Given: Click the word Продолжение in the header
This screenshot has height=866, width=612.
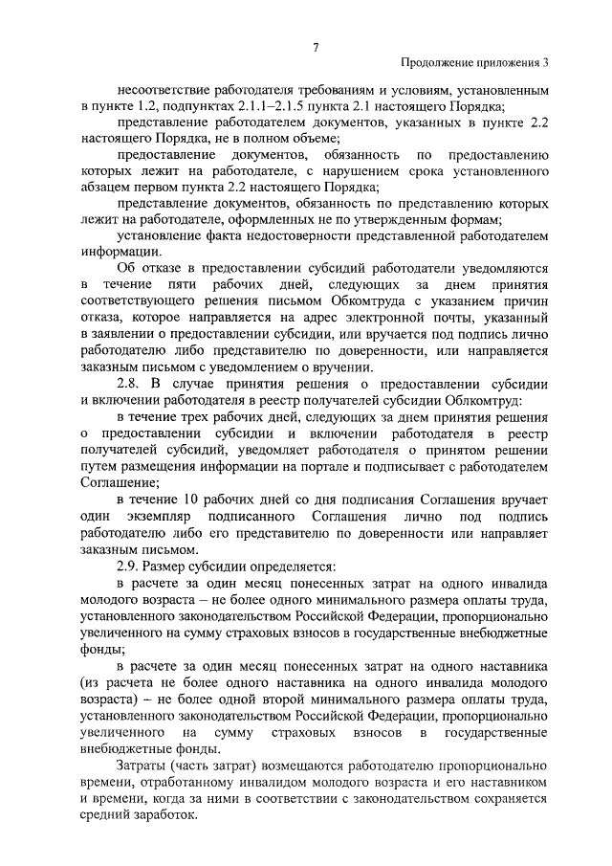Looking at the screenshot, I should (438, 64).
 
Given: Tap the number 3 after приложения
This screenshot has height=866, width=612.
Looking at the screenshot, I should (547, 64).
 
